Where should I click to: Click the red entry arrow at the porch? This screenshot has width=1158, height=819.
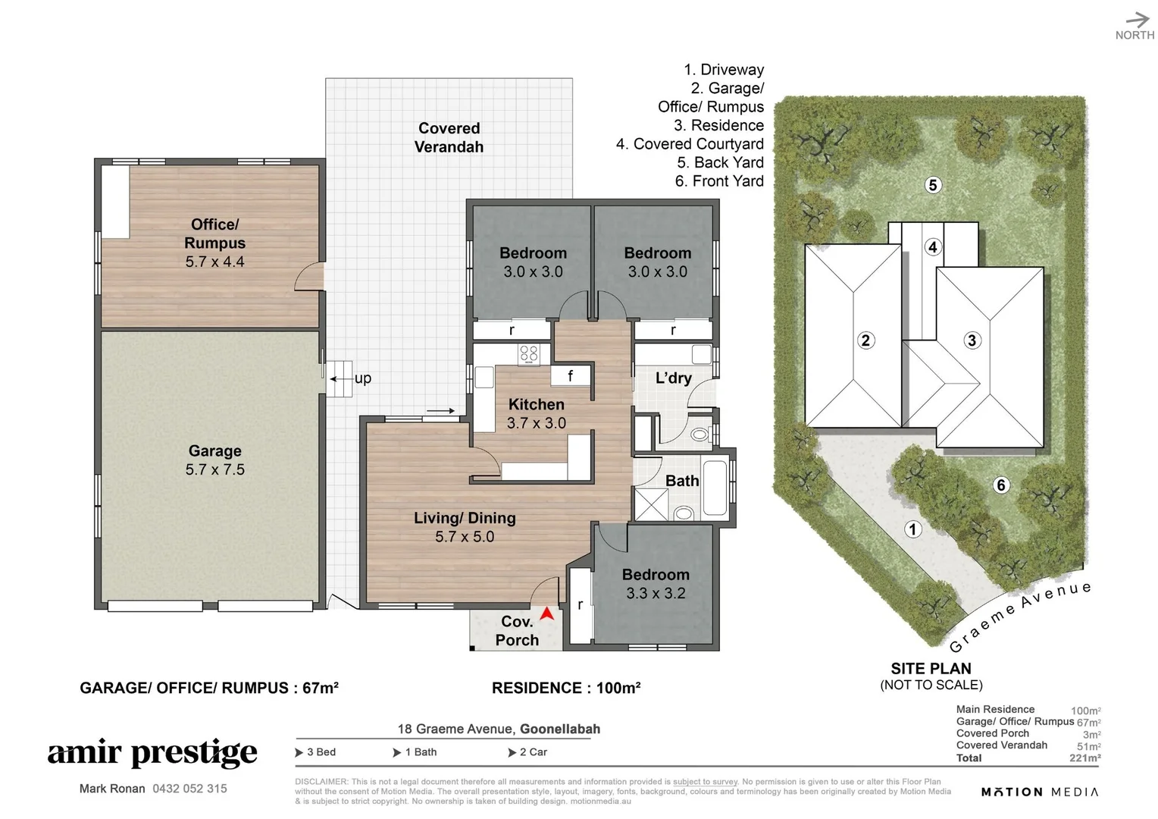coord(547,614)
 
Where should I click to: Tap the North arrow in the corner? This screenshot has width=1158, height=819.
coord(1138,20)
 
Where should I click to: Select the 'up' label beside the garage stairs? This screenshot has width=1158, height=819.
coord(363,378)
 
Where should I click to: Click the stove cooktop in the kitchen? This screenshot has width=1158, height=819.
coord(528,354)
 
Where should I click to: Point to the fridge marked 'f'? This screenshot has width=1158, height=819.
coord(570,375)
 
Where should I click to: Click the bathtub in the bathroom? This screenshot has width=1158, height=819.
coord(715,488)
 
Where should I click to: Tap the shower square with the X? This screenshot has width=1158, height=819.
coord(651,504)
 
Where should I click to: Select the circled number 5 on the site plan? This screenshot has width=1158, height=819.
coord(933,185)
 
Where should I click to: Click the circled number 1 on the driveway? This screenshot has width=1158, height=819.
coord(913,529)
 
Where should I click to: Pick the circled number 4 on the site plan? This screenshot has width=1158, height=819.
coord(933,247)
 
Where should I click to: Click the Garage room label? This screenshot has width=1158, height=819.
coord(214,450)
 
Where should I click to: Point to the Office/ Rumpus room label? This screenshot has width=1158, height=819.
coord(214,234)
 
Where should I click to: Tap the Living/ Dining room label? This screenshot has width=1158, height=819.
coord(465,518)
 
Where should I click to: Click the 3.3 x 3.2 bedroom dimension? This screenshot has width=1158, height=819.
coord(656,593)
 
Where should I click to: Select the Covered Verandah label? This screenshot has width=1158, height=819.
coord(449,137)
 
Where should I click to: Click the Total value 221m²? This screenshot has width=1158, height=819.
coord(1085,758)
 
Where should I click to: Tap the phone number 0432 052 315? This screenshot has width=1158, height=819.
coord(189,789)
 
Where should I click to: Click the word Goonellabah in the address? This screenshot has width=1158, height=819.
coord(560,729)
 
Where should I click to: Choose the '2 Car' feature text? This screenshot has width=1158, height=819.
coord(533,752)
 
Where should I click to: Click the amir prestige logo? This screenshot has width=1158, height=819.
coord(152,753)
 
